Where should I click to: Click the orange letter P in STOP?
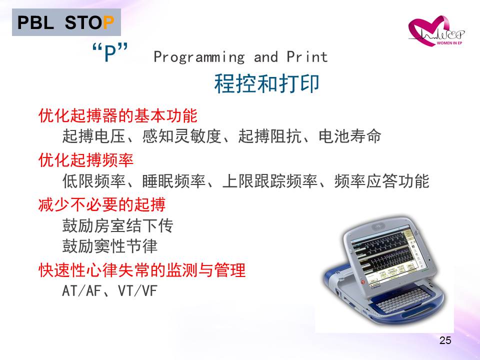pyautogui.click(x=108, y=22)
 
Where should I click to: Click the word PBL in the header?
pyautogui.click(x=35, y=22)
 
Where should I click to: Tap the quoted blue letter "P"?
pyautogui.click(x=110, y=52)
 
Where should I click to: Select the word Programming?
pyautogui.click(x=199, y=57)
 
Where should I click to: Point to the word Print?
pyautogui.click(x=307, y=56)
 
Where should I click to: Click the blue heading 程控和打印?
pyautogui.click(x=266, y=83)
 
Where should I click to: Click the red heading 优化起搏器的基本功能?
pyautogui.click(x=118, y=115)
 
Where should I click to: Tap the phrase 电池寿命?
pyautogui.click(x=350, y=136)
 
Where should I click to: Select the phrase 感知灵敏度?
pyautogui.click(x=182, y=136)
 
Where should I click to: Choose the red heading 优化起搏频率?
pyautogui.click(x=86, y=160)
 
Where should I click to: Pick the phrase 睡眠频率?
pyautogui.click(x=174, y=181)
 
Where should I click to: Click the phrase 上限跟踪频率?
pyautogui.click(x=270, y=181)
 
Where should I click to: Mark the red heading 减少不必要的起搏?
pyautogui.click(x=102, y=204)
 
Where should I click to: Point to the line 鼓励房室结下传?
pyautogui.click(x=118, y=225)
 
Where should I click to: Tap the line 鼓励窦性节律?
pyautogui.click(x=110, y=246)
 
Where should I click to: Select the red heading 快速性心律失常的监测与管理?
pyautogui.click(x=142, y=270)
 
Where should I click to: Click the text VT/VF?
pyautogui.click(x=138, y=291)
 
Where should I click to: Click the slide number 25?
pyautogui.click(x=445, y=340)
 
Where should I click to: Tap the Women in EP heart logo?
pyautogui.click(x=436, y=31)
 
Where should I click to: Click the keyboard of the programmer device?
pyautogui.click(x=401, y=298)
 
